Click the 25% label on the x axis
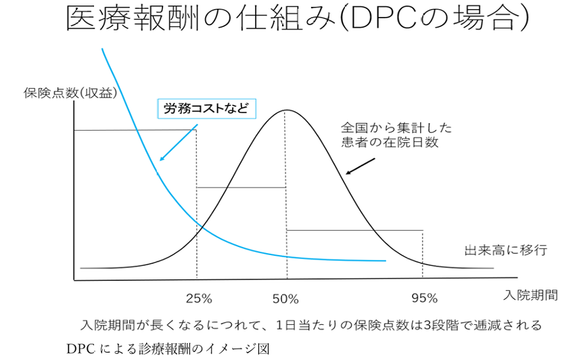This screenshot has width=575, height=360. (199, 298)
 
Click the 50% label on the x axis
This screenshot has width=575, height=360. (285, 298)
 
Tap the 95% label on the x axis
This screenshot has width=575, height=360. (424, 298)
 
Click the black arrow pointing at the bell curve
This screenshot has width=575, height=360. (360, 166)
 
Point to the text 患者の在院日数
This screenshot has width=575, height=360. (390, 142)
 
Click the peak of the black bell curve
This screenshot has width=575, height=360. (285, 110)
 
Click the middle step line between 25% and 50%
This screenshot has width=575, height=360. (241, 187)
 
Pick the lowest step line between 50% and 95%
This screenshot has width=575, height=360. (354, 231)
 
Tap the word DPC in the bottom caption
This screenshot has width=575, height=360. (80, 349)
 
